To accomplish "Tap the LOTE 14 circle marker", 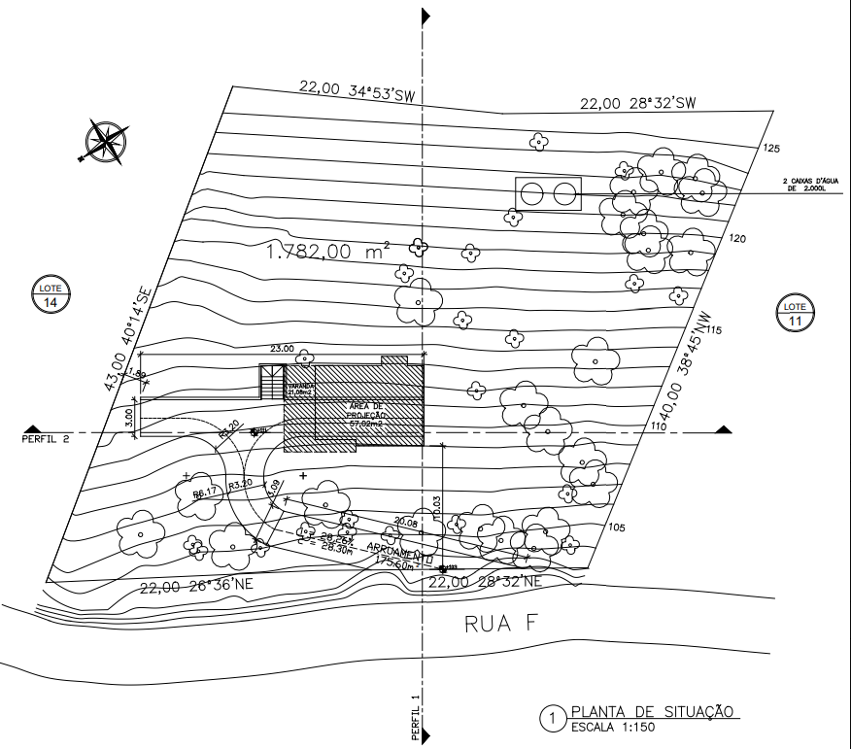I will click(50, 294).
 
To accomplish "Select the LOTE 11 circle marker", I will click(796, 313).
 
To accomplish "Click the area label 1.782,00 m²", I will click(327, 253).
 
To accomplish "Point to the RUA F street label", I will click(501, 625).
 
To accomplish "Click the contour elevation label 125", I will click(772, 149).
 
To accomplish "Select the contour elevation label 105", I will click(615, 528).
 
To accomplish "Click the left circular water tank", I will click(532, 193).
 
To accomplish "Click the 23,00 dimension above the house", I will click(282, 348).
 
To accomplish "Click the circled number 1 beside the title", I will click(552, 719).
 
